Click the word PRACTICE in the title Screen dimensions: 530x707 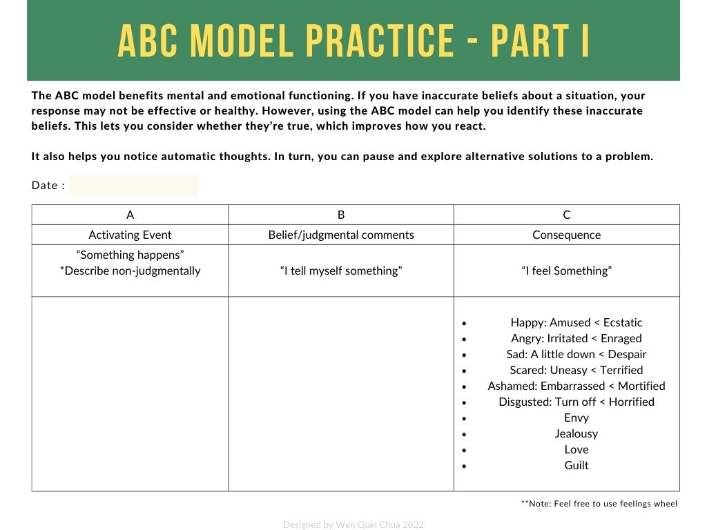click(x=378, y=41)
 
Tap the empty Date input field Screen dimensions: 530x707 click(x=133, y=185)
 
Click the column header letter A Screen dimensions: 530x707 click(x=130, y=215)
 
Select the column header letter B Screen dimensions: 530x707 click(x=341, y=215)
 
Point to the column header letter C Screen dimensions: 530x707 click(x=566, y=215)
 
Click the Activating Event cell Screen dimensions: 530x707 click(x=130, y=235)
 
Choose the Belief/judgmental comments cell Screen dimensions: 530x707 click(x=341, y=235)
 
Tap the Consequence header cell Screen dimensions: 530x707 click(x=566, y=235)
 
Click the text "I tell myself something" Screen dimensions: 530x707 click(x=341, y=271)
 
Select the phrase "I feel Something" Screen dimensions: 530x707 click(x=566, y=271)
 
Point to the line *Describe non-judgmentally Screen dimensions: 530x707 click(x=130, y=271)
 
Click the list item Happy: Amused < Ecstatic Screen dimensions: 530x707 click(x=576, y=322)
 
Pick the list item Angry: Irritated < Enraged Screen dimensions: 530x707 click(x=576, y=338)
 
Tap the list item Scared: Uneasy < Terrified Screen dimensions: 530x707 click(x=576, y=370)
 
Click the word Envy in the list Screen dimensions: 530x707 click(x=576, y=418)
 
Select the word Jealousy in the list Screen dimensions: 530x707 click(x=576, y=433)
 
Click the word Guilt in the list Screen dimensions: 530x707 click(x=576, y=465)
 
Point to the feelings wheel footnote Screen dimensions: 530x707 click(x=599, y=504)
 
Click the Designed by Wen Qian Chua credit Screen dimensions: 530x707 click(x=353, y=524)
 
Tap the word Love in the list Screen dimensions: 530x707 click(x=576, y=449)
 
